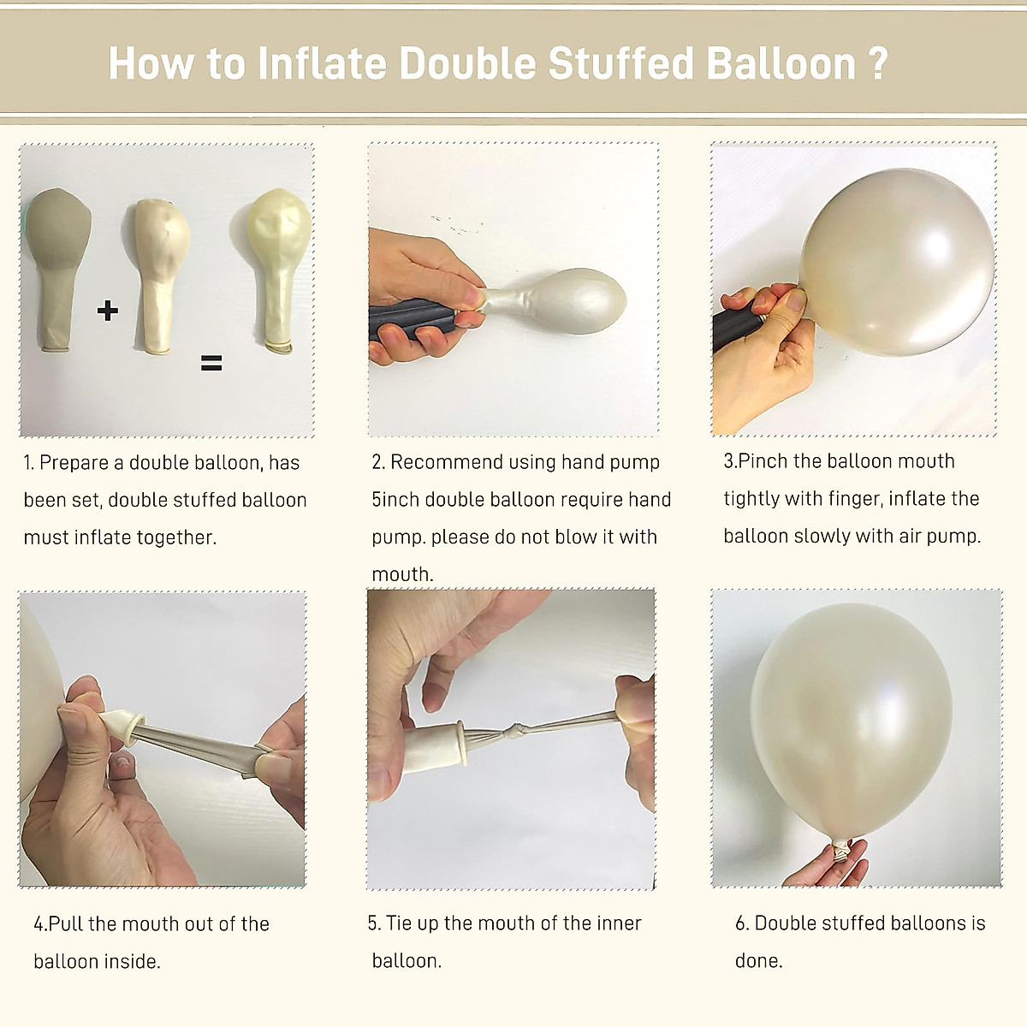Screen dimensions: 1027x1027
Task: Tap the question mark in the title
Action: (877, 64)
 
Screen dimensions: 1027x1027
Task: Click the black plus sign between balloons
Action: (108, 310)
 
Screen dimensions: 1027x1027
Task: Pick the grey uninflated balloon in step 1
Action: (57, 265)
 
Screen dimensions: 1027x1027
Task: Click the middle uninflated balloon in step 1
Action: (161, 274)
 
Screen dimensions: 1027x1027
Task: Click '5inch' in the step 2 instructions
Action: (395, 500)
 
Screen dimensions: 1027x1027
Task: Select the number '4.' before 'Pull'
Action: (40, 924)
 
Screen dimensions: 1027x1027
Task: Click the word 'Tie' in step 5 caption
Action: (400, 923)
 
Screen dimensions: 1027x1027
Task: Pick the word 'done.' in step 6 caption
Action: (758, 961)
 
